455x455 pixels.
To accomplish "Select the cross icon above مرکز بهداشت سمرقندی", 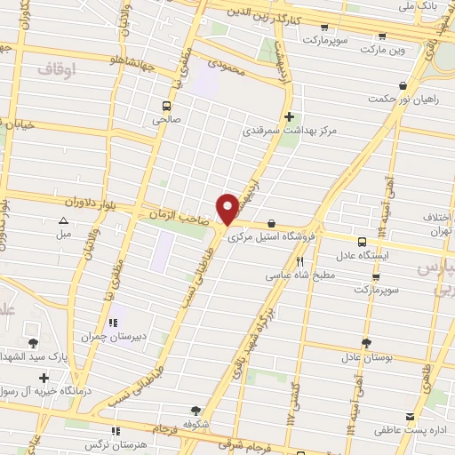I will [x=289, y=116].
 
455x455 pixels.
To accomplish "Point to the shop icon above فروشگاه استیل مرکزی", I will [x=271, y=224].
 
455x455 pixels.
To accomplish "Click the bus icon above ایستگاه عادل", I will [x=362, y=242].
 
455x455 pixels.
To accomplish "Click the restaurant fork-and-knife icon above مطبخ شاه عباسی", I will [x=299, y=262].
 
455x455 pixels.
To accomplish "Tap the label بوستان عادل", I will [x=366, y=357].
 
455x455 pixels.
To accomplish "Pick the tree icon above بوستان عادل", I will [x=366, y=343].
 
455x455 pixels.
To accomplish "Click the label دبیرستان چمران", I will [x=112, y=337].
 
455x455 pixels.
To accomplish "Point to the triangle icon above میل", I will [x=63, y=220].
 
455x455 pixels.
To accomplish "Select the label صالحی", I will [x=165, y=117].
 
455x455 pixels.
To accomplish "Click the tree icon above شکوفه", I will [x=196, y=411].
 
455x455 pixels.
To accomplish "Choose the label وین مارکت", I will [x=382, y=51].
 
